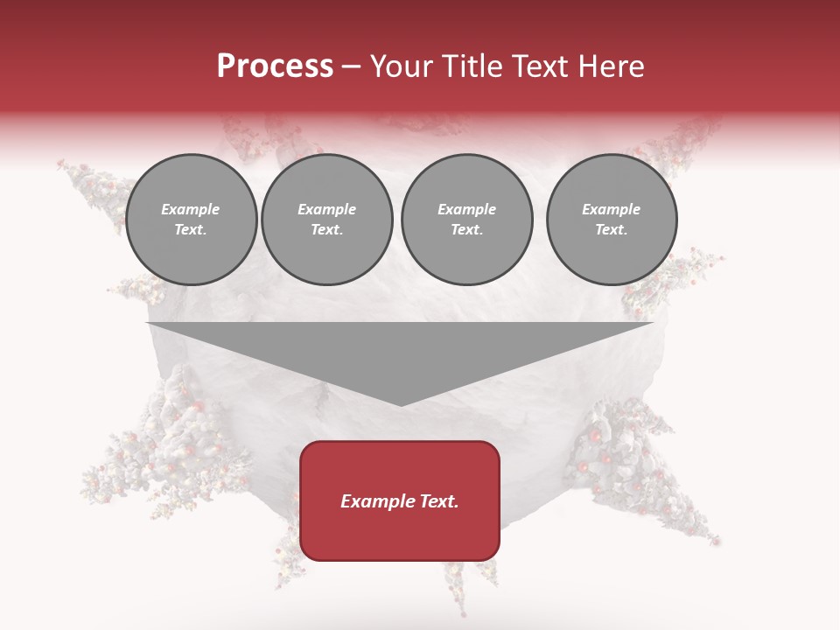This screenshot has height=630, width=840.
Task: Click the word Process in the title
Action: point(275,66)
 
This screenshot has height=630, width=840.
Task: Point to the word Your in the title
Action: point(401,66)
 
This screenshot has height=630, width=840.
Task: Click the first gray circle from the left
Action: point(191,220)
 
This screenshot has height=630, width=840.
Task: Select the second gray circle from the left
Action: point(327,220)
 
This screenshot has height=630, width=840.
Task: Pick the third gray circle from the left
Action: point(467,220)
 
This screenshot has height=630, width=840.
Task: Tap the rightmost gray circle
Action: point(612,220)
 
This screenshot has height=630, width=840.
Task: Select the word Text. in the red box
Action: point(438,501)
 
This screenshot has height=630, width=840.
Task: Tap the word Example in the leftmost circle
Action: point(191,210)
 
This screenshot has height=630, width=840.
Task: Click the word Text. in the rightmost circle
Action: point(612,230)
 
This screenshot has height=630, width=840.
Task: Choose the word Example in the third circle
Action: point(467,210)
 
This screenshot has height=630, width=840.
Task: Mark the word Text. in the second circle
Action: point(327,230)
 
